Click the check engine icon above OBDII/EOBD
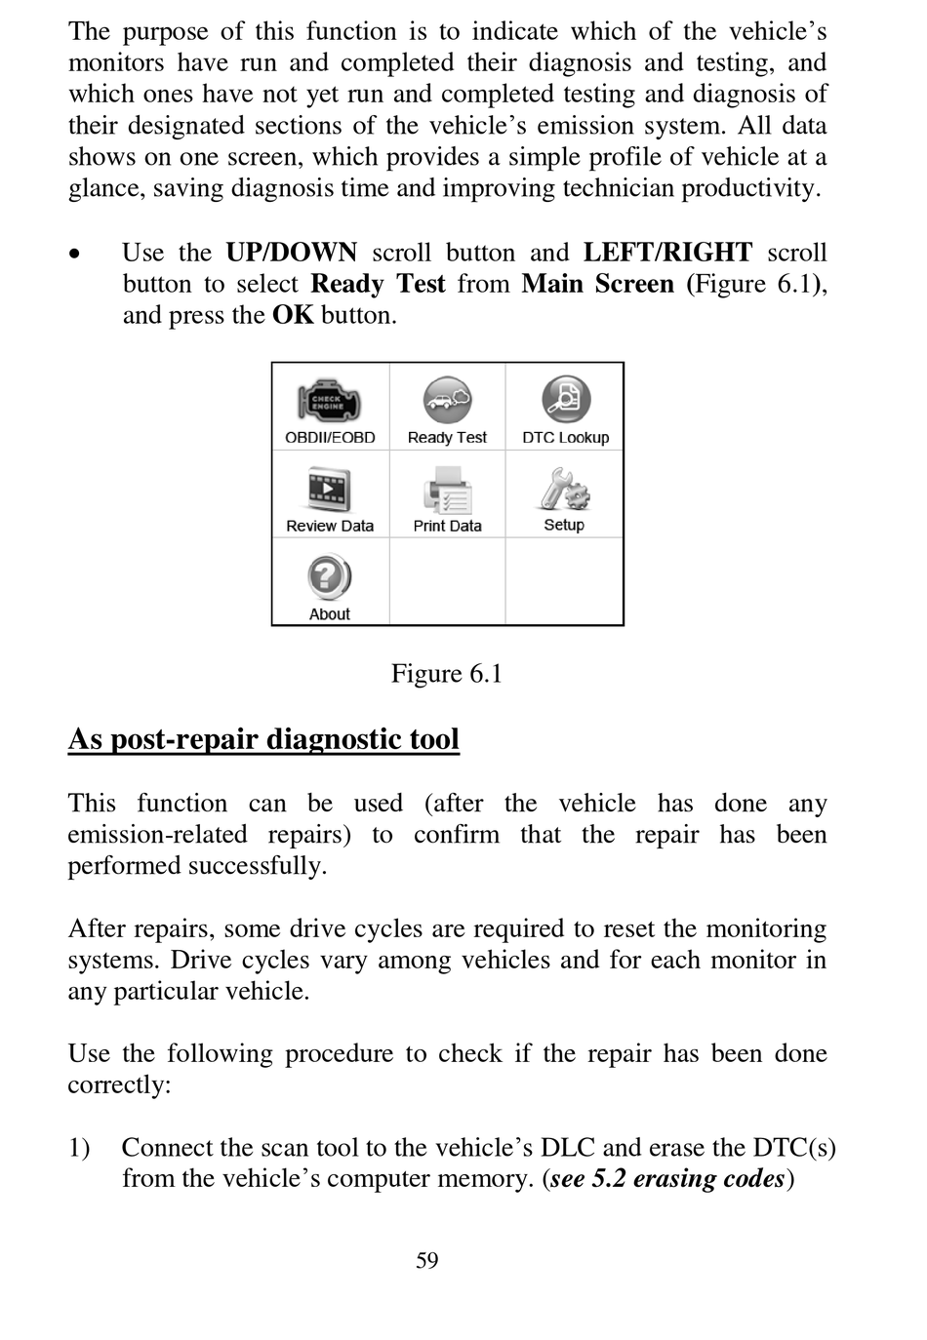(x=330, y=401)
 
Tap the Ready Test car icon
(x=447, y=400)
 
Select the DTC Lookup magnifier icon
(x=566, y=400)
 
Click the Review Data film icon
(x=330, y=490)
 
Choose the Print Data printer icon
(x=447, y=490)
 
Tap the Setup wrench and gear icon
(x=564, y=489)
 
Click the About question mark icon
(x=330, y=577)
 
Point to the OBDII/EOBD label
(x=330, y=438)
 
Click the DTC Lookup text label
(x=566, y=438)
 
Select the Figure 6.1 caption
(x=447, y=674)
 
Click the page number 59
(x=427, y=1261)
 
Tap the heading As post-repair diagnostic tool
(x=263, y=739)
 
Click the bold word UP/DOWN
(x=292, y=253)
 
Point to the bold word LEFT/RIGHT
(x=668, y=253)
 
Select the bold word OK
(x=293, y=315)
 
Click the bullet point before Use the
(x=75, y=254)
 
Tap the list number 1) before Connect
(x=79, y=1148)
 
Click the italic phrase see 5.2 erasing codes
(x=668, y=1179)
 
